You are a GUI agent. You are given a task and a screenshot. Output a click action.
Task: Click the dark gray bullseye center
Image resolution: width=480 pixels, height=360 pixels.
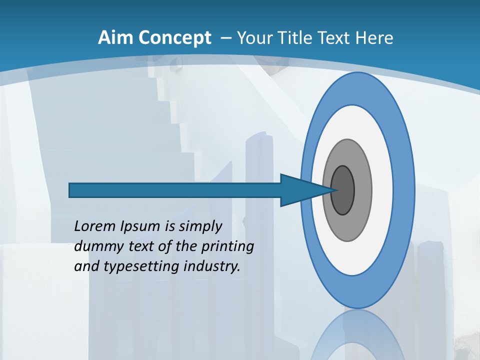pyautogui.click(x=343, y=190)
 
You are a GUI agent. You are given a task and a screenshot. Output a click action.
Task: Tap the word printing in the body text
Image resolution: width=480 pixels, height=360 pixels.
pyautogui.click(x=227, y=246)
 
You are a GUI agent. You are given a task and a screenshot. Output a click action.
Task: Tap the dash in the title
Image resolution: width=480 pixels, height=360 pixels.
pyautogui.click(x=225, y=38)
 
